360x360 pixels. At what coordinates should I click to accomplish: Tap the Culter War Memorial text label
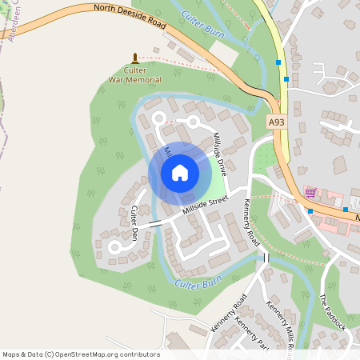pos(135,75)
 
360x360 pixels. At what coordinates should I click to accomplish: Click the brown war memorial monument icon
pos(134,58)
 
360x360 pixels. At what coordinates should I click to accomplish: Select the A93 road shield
pos(276,122)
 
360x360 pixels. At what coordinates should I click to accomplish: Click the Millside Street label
pos(206,205)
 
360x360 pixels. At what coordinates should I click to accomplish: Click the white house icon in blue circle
pos(179,173)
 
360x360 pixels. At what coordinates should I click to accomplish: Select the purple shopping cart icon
pos(310,193)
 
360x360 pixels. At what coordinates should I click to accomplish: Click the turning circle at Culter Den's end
pos(114,249)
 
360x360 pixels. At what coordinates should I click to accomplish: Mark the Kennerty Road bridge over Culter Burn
pos(266,258)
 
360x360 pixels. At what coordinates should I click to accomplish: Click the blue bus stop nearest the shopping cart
pos(310,211)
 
